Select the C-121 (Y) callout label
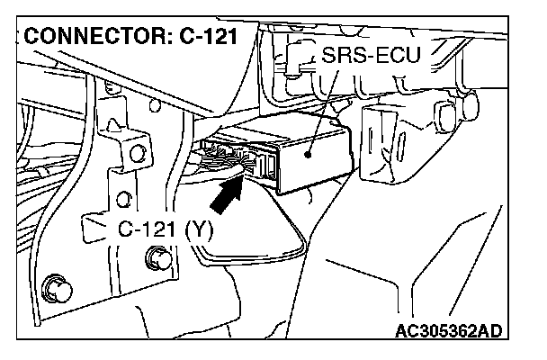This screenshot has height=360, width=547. click(x=166, y=229)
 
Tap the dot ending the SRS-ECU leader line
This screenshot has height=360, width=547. click(x=308, y=153)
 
